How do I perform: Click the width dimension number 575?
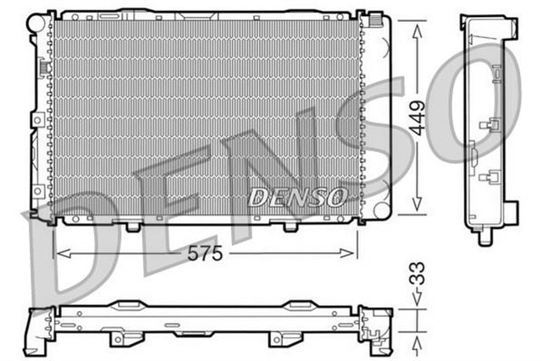(204, 254)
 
